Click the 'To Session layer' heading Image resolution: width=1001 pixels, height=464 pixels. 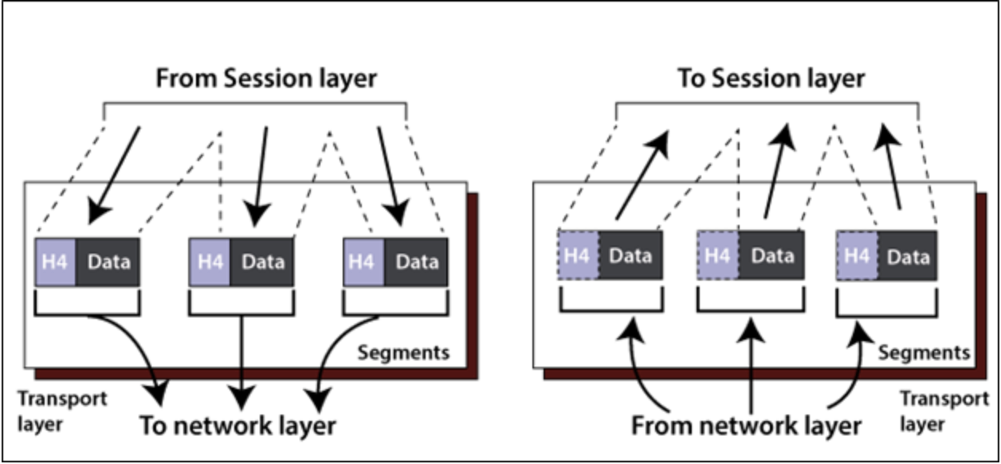point(771,79)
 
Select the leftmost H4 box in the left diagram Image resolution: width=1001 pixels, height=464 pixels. point(56,261)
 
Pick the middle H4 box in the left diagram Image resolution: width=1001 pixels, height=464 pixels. point(210,261)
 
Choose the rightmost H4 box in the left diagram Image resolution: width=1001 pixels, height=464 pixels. point(363,261)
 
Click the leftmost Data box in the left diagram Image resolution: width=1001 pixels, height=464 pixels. point(108,261)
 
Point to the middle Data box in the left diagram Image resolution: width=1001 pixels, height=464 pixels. point(262,261)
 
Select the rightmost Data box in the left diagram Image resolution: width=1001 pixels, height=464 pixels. point(417,261)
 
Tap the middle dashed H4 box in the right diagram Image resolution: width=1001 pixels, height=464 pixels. point(717,256)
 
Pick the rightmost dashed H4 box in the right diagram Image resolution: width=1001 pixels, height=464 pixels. point(856,256)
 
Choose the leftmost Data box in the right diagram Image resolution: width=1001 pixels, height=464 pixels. point(630,256)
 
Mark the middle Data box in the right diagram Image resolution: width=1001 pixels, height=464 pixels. point(771,256)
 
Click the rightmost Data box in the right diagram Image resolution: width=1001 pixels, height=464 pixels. point(909,256)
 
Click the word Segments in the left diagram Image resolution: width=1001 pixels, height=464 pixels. point(403,352)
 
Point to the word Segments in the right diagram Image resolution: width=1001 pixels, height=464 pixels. point(924,352)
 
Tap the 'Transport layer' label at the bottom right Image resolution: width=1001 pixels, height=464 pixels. point(944,411)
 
